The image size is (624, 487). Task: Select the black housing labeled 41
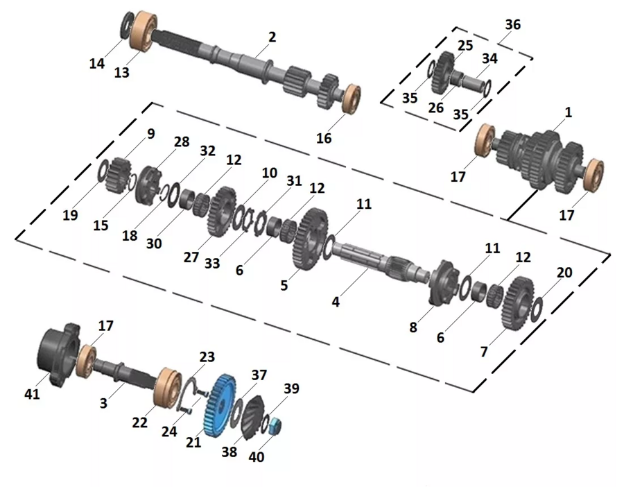point(58,354)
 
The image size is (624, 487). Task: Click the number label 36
point(512,25)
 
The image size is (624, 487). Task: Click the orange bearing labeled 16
point(352,98)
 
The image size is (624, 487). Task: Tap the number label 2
point(272,37)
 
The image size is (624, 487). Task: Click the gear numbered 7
point(519,302)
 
